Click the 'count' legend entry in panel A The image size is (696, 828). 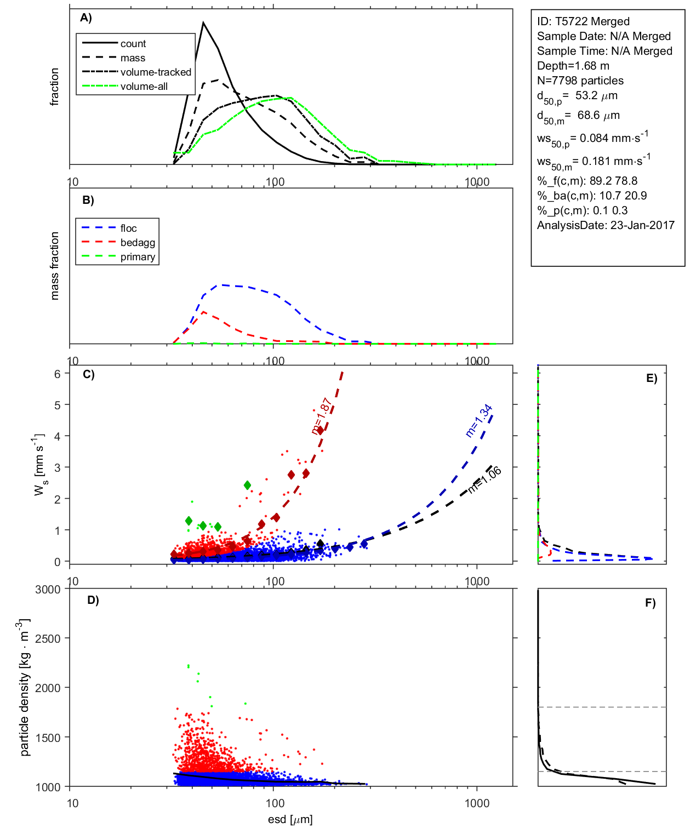click(133, 44)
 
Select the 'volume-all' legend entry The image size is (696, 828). click(144, 87)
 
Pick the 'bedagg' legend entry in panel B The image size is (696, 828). click(138, 243)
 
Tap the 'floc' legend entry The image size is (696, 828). click(128, 229)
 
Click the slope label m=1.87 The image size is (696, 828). click(322, 416)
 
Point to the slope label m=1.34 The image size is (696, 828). click(479, 421)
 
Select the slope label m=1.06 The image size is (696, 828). click(485, 479)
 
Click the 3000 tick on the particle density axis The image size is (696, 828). click(48, 590)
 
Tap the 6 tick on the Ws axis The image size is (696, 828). click(57, 374)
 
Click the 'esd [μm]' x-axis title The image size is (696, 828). click(290, 819)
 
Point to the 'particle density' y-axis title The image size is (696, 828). click(24, 687)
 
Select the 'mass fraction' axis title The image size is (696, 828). click(54, 266)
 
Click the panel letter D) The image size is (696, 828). click(93, 600)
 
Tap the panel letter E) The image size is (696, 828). click(651, 378)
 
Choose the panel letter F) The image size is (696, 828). click(650, 603)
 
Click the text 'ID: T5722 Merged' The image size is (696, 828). click(583, 21)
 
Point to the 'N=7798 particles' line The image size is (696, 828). click(580, 81)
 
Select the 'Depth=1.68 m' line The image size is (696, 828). click(573, 66)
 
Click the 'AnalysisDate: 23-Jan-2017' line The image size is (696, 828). click(606, 225)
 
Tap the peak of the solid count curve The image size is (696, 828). click(203, 22)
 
